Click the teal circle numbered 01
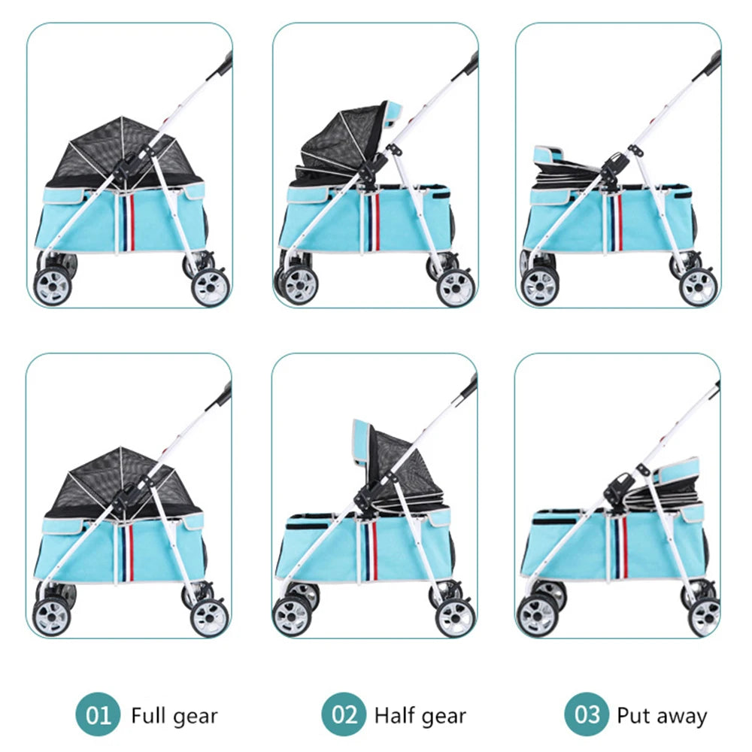[x=98, y=714]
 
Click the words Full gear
[x=174, y=715]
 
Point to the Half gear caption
[x=420, y=715]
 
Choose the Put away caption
[x=662, y=715]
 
